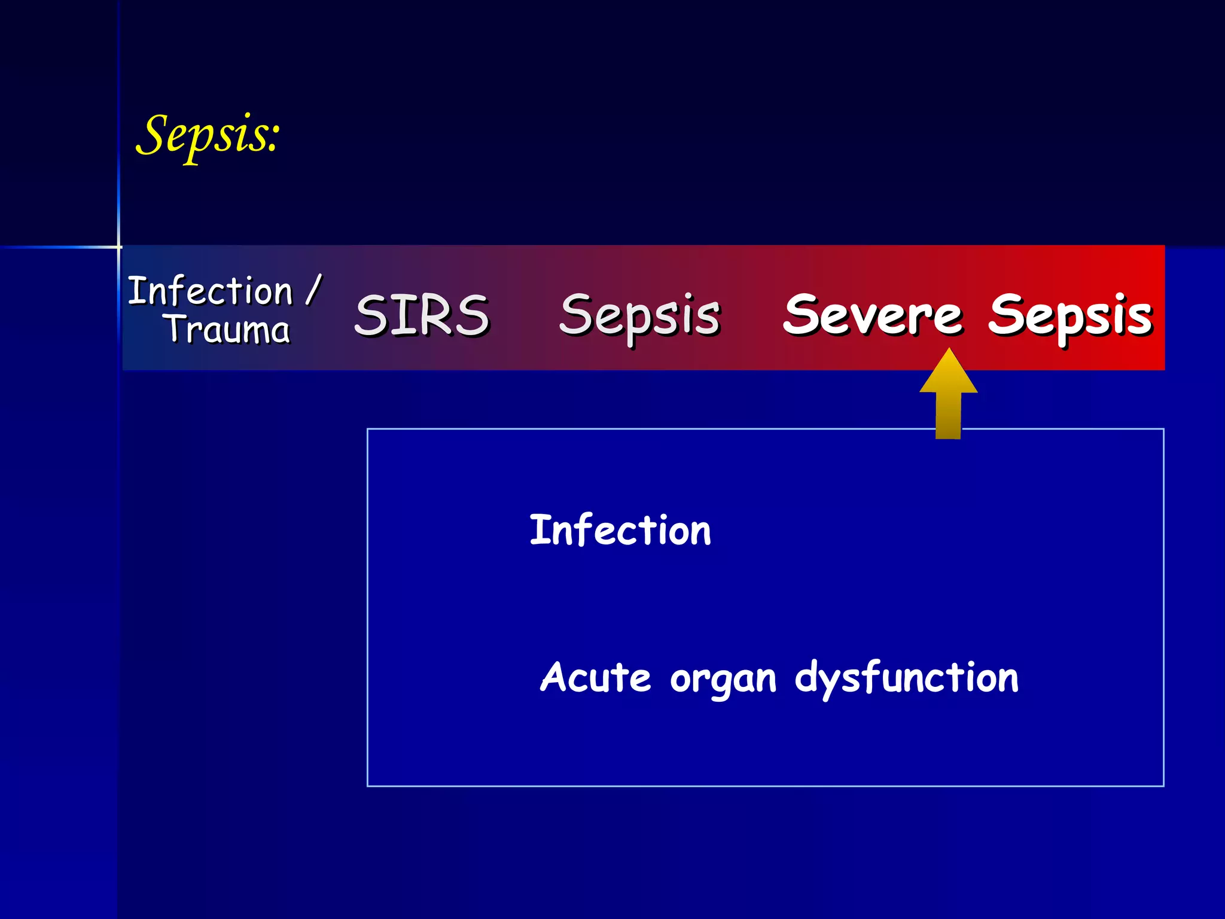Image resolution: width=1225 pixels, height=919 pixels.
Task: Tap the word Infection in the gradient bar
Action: point(211,291)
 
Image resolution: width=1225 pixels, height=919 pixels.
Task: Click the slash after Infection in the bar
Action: point(313,290)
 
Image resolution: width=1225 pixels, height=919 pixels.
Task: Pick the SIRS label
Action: point(422,315)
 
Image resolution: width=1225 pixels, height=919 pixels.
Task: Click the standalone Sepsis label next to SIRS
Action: point(639,316)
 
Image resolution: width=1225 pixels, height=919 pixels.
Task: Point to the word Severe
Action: point(873,315)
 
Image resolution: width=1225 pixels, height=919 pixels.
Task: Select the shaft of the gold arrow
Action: point(949,415)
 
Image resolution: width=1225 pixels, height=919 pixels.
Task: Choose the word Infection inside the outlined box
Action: point(620,530)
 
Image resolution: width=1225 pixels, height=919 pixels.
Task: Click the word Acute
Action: point(595,677)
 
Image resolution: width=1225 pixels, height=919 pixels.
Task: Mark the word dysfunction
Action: point(906,678)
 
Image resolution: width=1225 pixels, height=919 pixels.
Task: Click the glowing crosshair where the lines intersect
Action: point(119,247)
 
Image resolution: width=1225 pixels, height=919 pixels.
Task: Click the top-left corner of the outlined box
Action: point(368,430)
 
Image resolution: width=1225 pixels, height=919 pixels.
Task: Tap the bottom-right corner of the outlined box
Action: point(1163,786)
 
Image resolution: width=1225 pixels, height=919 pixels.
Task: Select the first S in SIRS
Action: point(370,315)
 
